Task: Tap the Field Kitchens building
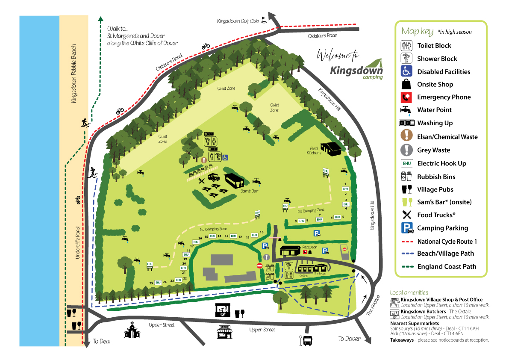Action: click(x=331, y=148)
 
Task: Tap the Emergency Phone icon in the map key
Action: click(x=406, y=97)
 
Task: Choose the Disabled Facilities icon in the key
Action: click(x=406, y=71)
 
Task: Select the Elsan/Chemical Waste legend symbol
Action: click(x=406, y=137)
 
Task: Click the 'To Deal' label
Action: click(x=102, y=341)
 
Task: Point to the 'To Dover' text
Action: click(x=350, y=339)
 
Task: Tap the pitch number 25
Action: click(x=151, y=283)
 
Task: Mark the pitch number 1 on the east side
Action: click(x=344, y=184)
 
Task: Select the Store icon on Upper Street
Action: click(x=225, y=332)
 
